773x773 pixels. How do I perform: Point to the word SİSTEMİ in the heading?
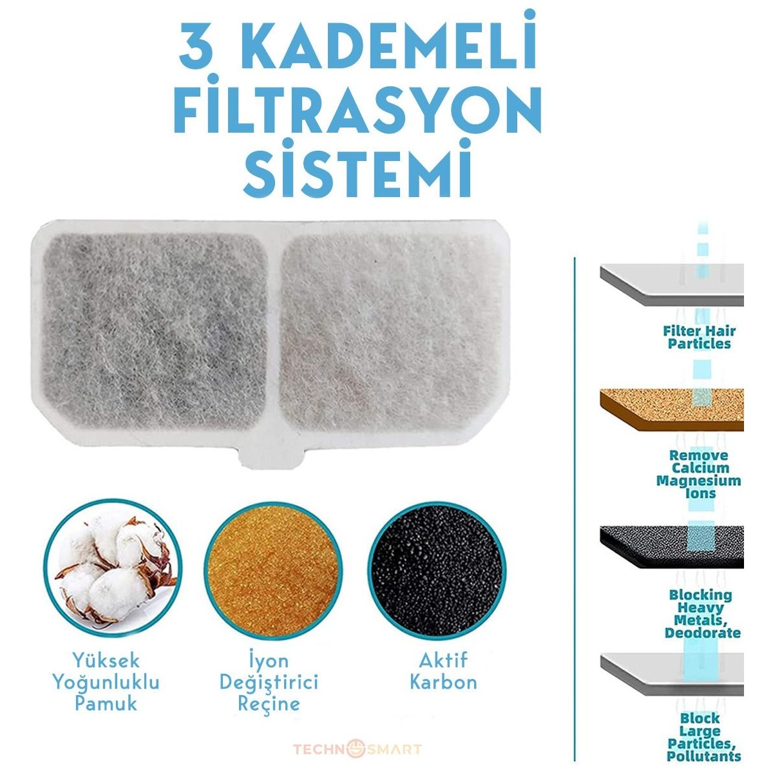(x=358, y=167)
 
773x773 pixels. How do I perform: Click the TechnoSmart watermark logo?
(x=358, y=737)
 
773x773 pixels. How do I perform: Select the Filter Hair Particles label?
(x=699, y=338)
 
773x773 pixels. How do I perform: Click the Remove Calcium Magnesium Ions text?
(x=699, y=474)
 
